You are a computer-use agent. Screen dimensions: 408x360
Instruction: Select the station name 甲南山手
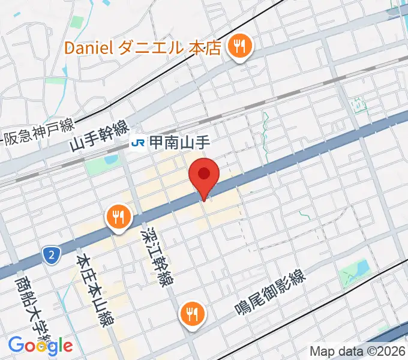[173, 143]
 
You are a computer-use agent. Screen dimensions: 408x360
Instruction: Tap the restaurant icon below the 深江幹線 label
[192, 314]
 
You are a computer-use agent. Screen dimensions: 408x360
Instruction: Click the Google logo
[40, 345]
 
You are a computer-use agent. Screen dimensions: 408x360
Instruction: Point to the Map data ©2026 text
[358, 351]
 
